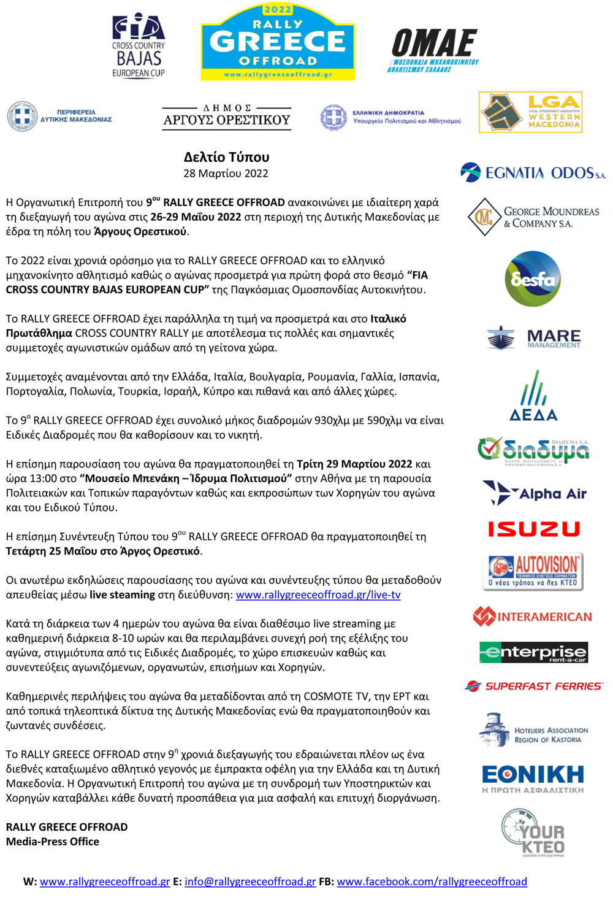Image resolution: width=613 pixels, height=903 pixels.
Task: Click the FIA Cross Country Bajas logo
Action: (x=139, y=45)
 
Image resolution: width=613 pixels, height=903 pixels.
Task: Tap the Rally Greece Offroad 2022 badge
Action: (x=278, y=42)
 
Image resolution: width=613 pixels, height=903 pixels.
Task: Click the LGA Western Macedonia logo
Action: (x=530, y=112)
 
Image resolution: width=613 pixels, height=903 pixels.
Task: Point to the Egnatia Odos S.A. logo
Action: (x=533, y=173)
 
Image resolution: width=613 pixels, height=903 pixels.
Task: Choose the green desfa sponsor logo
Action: (x=533, y=279)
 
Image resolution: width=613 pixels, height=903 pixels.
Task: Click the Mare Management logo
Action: (x=533, y=337)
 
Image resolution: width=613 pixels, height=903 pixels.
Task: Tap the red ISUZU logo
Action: (x=533, y=529)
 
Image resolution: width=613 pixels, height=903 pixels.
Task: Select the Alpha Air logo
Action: (x=534, y=493)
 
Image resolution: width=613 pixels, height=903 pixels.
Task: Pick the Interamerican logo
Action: (x=533, y=617)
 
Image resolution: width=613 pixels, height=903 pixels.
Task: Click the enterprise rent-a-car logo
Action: (x=533, y=652)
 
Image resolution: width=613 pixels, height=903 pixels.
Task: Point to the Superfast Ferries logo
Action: (x=534, y=686)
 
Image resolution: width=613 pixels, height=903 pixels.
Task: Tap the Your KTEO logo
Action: (x=533, y=832)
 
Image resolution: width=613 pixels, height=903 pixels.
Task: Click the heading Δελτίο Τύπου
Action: (x=226, y=157)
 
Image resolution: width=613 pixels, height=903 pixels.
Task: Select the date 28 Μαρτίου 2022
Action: (x=226, y=174)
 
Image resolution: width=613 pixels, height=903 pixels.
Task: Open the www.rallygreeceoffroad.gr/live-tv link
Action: (x=318, y=595)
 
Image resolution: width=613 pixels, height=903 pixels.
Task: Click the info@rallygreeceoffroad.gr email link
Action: (x=250, y=882)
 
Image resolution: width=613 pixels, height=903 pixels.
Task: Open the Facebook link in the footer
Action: (x=432, y=882)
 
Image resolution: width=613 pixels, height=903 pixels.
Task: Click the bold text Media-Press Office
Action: (x=53, y=842)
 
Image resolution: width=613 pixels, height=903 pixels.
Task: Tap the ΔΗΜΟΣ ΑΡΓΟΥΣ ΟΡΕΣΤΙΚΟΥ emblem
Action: (x=227, y=115)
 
